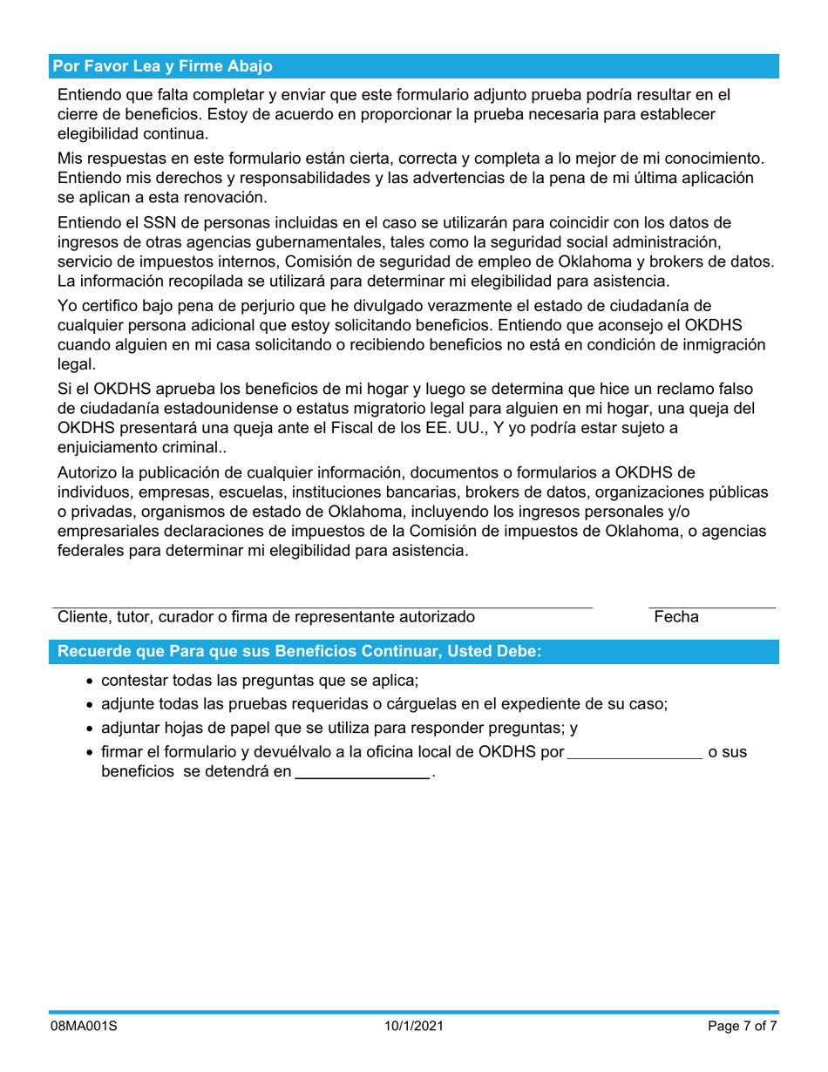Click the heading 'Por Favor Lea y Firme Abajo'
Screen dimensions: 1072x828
coord(163,66)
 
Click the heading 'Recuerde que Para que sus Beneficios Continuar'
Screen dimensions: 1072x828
coord(299,652)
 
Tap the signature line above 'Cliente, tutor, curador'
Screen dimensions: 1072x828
coord(322,607)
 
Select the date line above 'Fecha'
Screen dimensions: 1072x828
coord(711,607)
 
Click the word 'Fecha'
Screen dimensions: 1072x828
coord(676,618)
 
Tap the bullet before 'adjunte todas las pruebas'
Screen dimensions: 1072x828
coord(92,705)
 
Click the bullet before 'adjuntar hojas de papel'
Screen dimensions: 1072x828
coord(92,729)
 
